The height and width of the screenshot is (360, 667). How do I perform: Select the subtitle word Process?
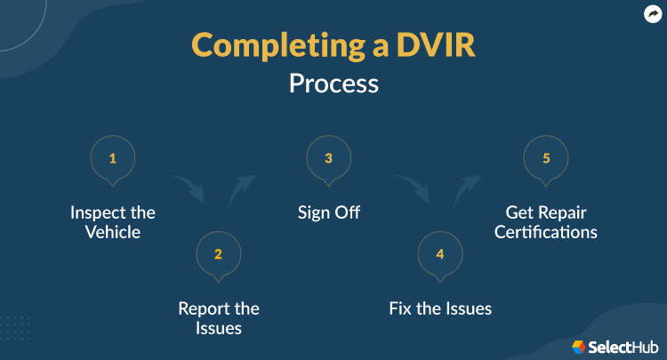[x=333, y=84]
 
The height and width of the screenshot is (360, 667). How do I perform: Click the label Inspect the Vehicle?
[x=113, y=222]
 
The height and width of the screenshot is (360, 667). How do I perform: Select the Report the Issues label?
[x=218, y=318]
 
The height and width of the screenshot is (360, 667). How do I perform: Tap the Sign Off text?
[x=328, y=213]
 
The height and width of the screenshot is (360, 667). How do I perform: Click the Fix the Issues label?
[x=440, y=309]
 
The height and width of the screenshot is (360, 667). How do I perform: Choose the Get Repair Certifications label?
[x=546, y=222]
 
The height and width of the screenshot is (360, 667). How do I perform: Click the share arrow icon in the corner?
[x=652, y=14]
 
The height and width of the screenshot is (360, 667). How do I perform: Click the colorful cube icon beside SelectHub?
[x=579, y=347]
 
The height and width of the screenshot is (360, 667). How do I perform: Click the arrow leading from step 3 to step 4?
[x=412, y=187]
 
